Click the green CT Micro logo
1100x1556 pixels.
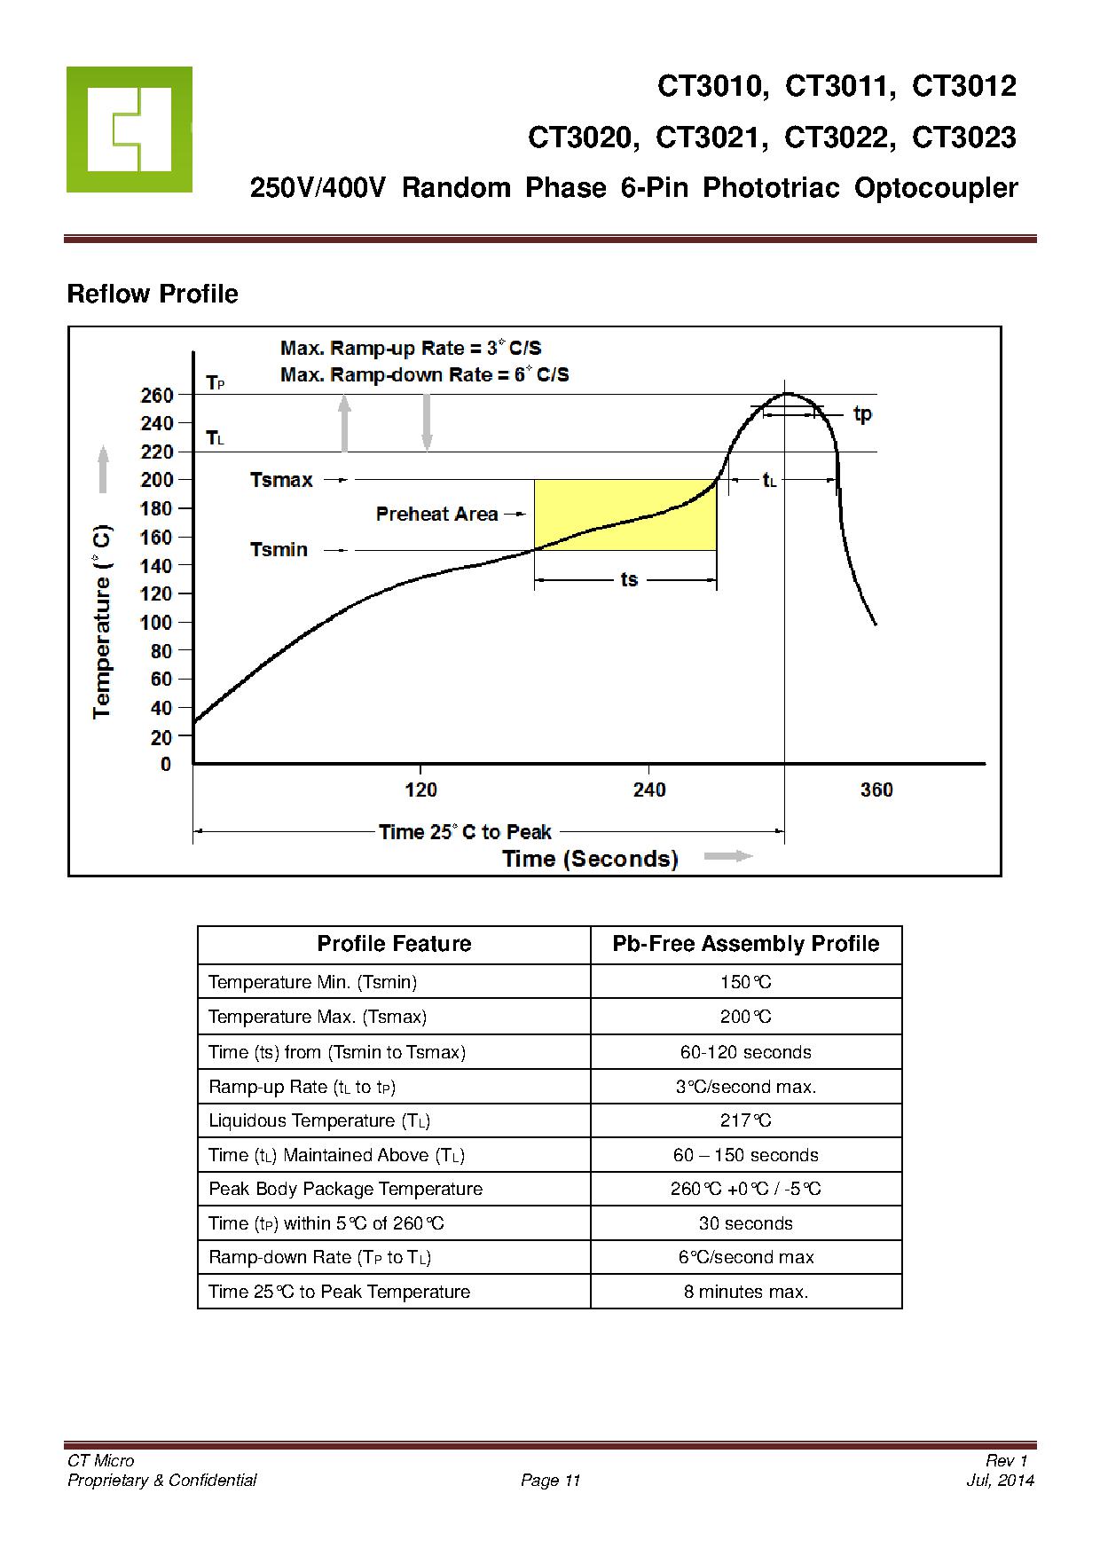[x=129, y=130]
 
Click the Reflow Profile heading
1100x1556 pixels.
[x=153, y=294]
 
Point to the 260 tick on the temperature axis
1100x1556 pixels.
[x=156, y=396]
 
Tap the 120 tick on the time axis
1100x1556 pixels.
[x=420, y=790]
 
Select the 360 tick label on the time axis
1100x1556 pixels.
[x=876, y=790]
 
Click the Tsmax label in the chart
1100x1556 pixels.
[x=281, y=480]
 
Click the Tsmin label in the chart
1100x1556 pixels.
[x=279, y=550]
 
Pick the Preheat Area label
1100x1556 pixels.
[x=436, y=515]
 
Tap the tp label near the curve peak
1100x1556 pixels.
[x=862, y=414]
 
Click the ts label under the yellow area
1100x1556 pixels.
[x=628, y=580]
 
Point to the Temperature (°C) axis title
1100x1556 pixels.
[x=103, y=621]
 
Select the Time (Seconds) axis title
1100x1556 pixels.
[x=590, y=859]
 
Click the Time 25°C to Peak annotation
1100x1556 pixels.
[x=465, y=832]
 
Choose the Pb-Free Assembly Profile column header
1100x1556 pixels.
[x=746, y=944]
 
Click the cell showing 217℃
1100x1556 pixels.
[x=746, y=1120]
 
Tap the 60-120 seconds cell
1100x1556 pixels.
[x=746, y=1052]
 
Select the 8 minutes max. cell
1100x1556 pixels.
[x=746, y=1292]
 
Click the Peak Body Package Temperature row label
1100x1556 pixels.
[x=345, y=1189]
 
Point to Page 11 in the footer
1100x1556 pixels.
[x=550, y=1480]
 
